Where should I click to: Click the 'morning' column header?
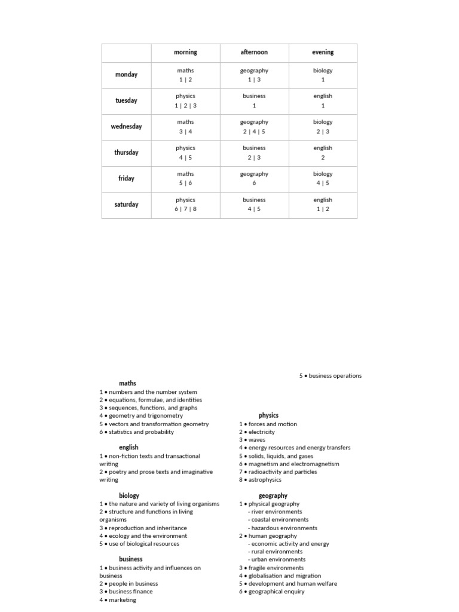click(x=185, y=53)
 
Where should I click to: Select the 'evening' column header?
click(x=323, y=53)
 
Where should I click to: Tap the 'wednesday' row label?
click(x=126, y=127)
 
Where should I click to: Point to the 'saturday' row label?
click(x=126, y=204)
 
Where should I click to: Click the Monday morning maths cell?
click(x=185, y=75)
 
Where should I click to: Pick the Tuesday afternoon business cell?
click(x=254, y=100)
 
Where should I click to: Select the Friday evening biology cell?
click(x=323, y=178)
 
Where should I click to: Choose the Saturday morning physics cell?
click(x=185, y=204)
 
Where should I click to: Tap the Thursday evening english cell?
click(x=323, y=152)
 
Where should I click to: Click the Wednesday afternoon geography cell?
click(x=254, y=127)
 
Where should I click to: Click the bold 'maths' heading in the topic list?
click(x=127, y=384)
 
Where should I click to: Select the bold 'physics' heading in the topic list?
click(x=268, y=415)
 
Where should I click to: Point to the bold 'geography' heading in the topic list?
click(x=273, y=495)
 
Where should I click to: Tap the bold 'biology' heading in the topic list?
click(x=129, y=495)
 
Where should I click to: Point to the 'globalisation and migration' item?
click(x=280, y=576)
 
